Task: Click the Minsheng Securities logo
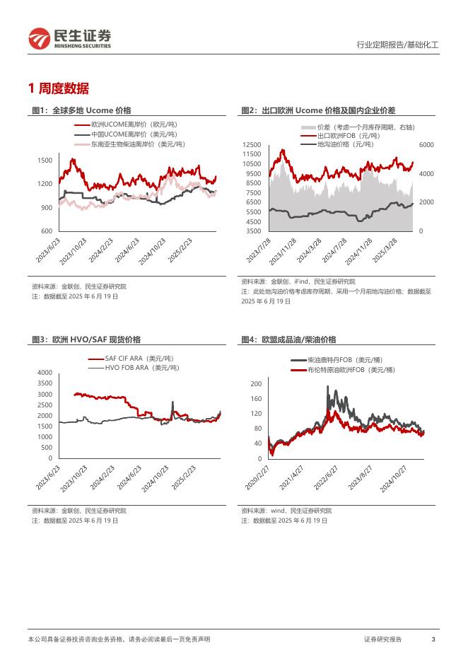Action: [69, 38]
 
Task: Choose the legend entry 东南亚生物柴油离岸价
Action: [137, 144]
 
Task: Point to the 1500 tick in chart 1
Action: [45, 161]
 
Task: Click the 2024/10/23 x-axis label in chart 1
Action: [152, 251]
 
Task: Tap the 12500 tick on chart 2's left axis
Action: [252, 145]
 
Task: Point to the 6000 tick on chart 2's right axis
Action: [428, 145]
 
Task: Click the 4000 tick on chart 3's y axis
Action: [45, 373]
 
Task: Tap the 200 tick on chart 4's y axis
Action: [257, 383]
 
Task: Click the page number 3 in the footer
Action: [433, 639]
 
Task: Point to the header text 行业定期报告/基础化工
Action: [397, 45]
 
